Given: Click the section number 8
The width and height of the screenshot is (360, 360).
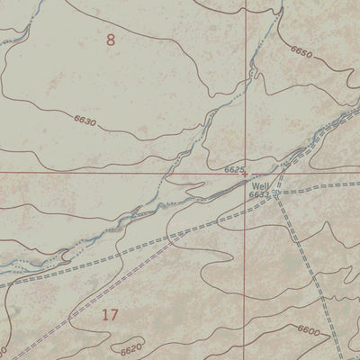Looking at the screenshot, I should point(111,40).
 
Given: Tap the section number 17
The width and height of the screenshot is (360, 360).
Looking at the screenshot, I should point(110,314).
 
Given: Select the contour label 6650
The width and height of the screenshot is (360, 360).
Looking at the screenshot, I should point(301,54).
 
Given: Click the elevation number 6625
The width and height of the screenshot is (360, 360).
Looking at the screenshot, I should point(234,167).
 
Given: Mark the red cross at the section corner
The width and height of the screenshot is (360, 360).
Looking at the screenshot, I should point(245,170).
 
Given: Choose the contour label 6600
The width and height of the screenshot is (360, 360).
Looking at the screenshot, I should point(306,332).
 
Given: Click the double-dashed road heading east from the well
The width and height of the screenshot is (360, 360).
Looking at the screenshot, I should point(324,185).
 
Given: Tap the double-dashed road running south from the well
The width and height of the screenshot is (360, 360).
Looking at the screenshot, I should point(292,234).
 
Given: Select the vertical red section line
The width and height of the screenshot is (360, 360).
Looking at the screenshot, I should point(245,90).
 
